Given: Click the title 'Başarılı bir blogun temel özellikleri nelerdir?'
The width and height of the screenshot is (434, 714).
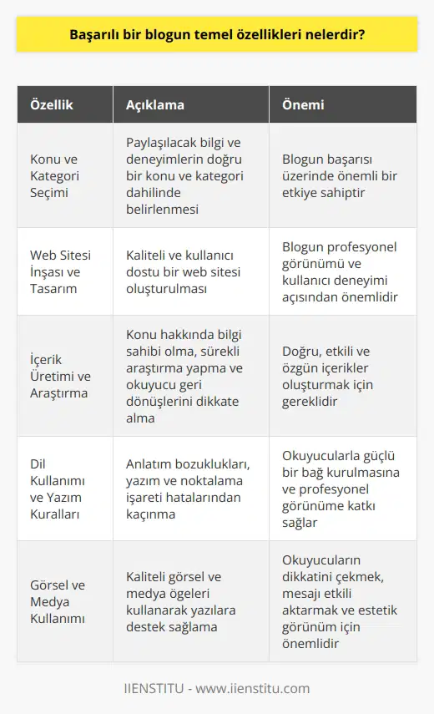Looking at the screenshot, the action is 216,37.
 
